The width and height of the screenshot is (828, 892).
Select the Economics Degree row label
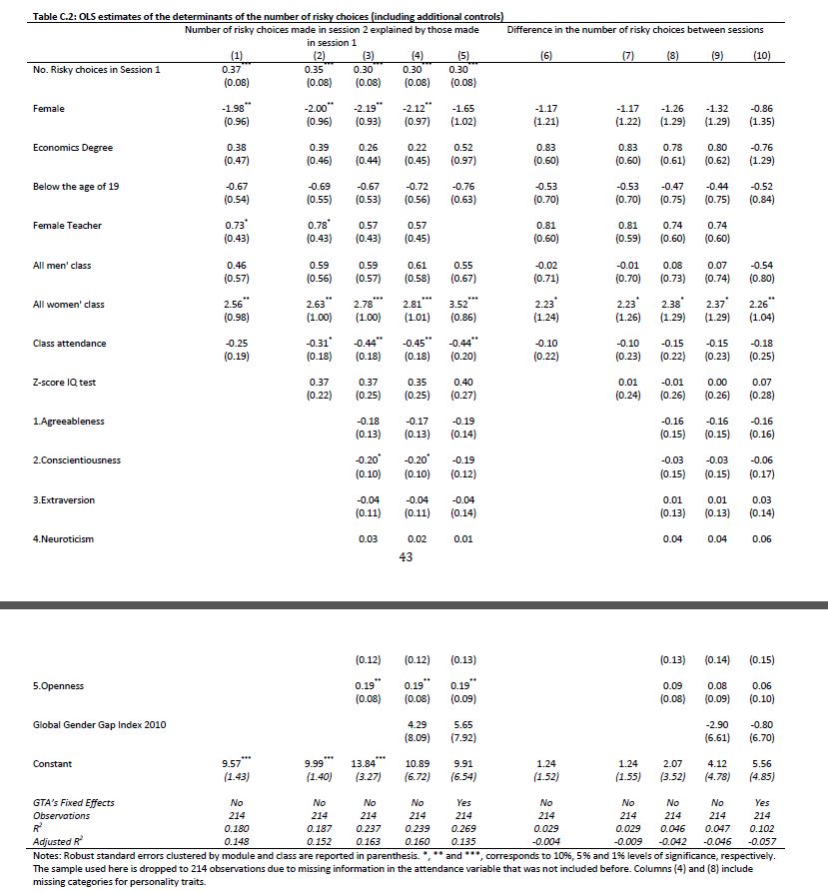[x=73, y=148]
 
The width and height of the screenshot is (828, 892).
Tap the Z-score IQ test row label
[x=65, y=383]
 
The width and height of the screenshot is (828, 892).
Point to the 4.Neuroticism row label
[x=63, y=539]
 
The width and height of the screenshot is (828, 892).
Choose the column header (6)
[x=545, y=57]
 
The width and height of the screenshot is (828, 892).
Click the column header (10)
[x=762, y=57]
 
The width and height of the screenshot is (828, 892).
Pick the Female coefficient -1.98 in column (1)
[x=236, y=108]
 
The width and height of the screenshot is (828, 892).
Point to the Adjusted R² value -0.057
[x=762, y=842]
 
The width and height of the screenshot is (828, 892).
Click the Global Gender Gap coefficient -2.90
[x=716, y=724]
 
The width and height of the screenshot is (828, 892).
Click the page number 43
[x=406, y=557]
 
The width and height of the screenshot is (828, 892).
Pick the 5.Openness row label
[x=58, y=686]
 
